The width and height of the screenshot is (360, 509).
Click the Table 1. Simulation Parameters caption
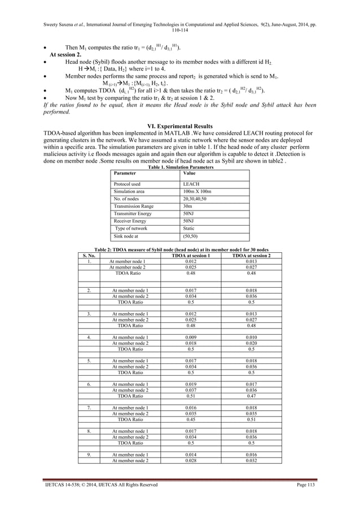coord(177,167)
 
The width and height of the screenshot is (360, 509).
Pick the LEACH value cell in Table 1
coord(190,184)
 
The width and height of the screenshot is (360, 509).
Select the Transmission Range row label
coord(133,207)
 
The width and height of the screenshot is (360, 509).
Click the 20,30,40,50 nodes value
coord(194,199)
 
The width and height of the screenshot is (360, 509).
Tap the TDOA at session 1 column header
coord(191,256)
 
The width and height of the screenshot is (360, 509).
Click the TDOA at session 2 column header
coord(251,256)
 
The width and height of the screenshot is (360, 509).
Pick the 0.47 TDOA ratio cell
coord(251,397)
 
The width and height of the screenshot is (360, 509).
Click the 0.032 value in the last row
coord(251,461)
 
